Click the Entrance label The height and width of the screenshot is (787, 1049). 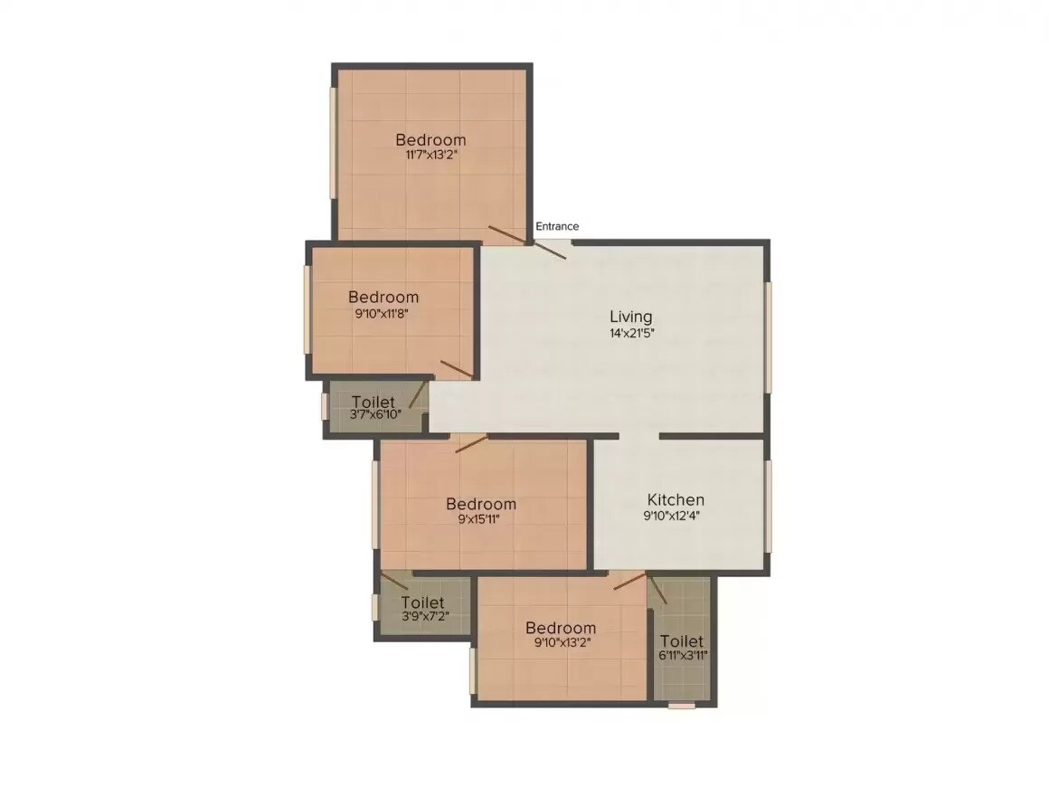pyautogui.click(x=557, y=226)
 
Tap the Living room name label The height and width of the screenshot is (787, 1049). pyautogui.click(x=630, y=317)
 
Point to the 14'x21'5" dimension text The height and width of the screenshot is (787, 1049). pyautogui.click(x=630, y=333)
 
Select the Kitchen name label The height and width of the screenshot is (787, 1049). pyautogui.click(x=676, y=500)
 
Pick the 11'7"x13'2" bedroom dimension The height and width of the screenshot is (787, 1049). pyautogui.click(x=430, y=155)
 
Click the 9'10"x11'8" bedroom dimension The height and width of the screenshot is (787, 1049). pyautogui.click(x=383, y=313)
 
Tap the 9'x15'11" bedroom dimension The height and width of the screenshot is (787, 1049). pyautogui.click(x=480, y=519)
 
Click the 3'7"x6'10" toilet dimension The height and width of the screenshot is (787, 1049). pyautogui.click(x=374, y=416)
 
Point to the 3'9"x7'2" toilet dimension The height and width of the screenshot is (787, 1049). pyautogui.click(x=424, y=616)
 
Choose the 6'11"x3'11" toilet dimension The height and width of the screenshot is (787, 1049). pyautogui.click(x=683, y=656)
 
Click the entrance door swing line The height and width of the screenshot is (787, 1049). pyautogui.click(x=551, y=250)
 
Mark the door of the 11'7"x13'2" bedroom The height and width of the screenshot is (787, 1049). pyautogui.click(x=506, y=234)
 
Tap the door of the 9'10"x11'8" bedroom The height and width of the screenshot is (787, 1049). pyautogui.click(x=457, y=369)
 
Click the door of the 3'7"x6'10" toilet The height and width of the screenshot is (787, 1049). pyautogui.click(x=417, y=394)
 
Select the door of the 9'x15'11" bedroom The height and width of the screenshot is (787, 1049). pyautogui.click(x=471, y=443)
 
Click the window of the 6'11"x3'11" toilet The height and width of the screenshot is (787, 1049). pyautogui.click(x=682, y=705)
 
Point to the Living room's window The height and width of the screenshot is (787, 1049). pyautogui.click(x=768, y=337)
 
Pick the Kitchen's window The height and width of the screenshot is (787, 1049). pyautogui.click(x=768, y=506)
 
